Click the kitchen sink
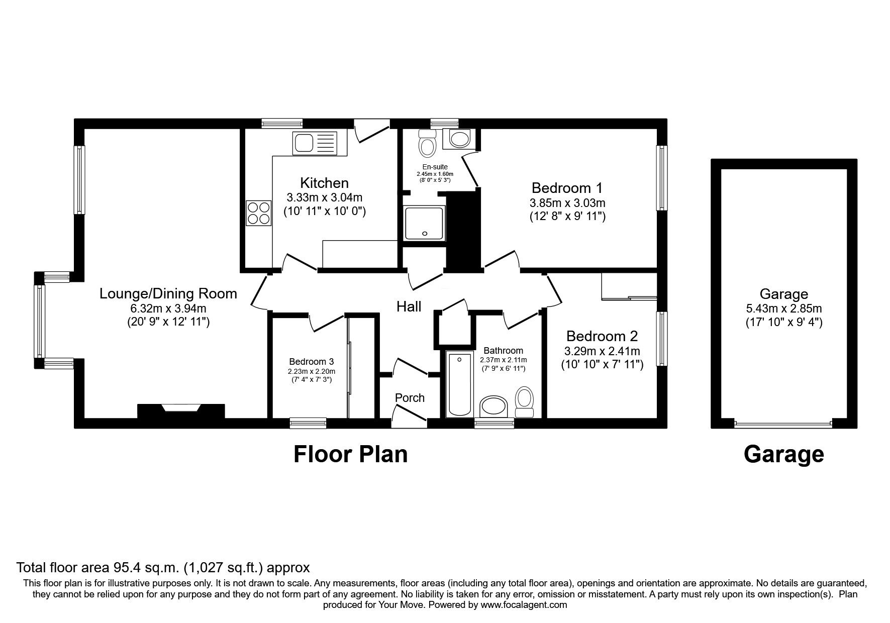315,144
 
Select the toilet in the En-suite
427,144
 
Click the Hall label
409,306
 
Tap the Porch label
410,398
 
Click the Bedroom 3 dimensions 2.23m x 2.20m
311,371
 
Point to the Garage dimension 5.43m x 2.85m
783,309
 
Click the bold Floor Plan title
350,454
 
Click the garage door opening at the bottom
783,424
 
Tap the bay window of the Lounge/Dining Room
40,321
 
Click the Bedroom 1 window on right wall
663,178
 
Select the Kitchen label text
324,183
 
